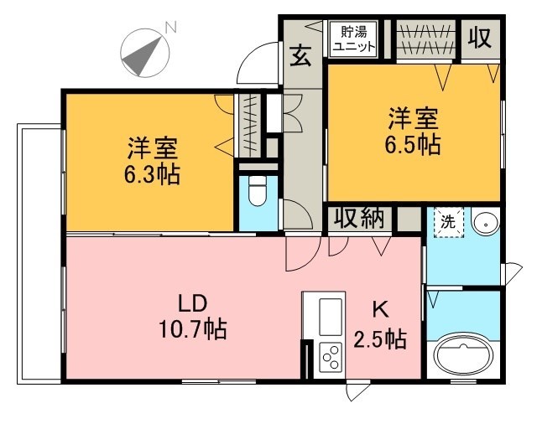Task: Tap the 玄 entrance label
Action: coord(300,57)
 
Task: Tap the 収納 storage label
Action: coord(359,219)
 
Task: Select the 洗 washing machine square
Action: coord(448,223)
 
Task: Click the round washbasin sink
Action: coord(485,224)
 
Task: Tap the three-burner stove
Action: coord(329,358)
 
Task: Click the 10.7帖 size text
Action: coord(192,329)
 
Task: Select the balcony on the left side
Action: coord(39,251)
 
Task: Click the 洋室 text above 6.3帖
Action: coord(152,149)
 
